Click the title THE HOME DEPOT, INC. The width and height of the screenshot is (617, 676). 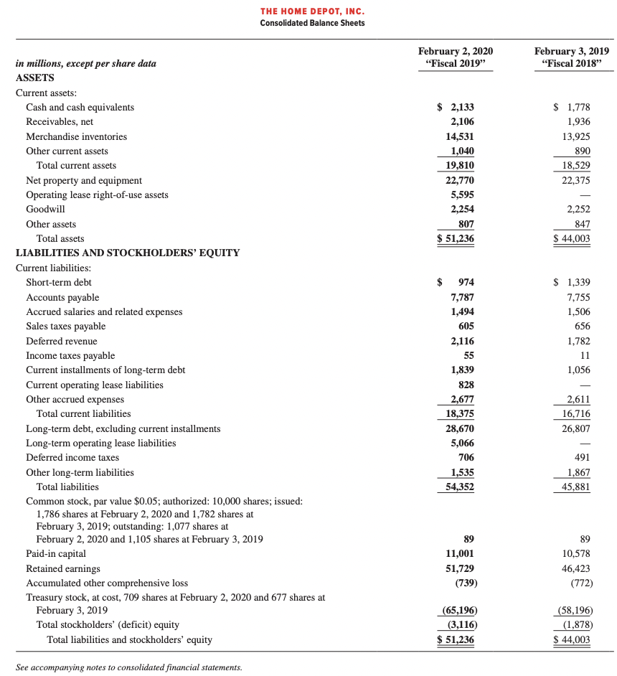(312, 11)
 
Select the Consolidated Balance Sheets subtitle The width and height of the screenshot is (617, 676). (312, 23)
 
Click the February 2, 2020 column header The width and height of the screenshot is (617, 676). (456, 52)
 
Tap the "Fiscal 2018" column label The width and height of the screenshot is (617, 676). (573, 63)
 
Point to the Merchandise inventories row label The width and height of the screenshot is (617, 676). (76, 136)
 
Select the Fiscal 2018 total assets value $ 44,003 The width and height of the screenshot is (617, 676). (573, 238)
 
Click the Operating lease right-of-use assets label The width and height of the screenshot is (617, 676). (97, 194)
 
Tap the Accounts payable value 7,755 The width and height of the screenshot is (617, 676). (578, 297)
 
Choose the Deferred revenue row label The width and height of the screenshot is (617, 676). (62, 341)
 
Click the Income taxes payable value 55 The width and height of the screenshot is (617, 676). (468, 355)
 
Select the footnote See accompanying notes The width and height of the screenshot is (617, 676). (128, 667)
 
